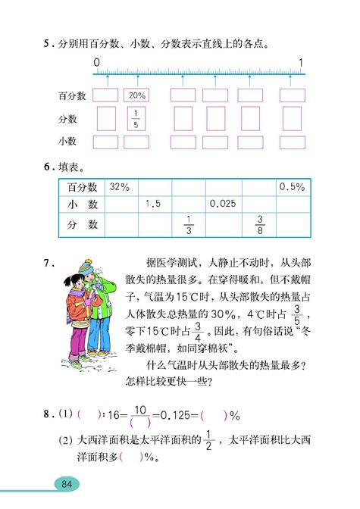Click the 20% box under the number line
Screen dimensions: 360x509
click(137, 96)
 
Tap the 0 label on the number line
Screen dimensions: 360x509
click(97, 62)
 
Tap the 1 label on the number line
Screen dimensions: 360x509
click(302, 62)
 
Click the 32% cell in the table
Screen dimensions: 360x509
click(120, 186)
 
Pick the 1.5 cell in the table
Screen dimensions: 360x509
click(154, 204)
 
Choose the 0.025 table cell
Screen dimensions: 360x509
click(222, 204)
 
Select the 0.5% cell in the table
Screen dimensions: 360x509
click(292, 186)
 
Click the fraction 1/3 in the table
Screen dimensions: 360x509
click(188, 225)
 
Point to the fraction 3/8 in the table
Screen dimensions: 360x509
click(258, 225)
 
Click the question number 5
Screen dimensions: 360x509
click(47, 43)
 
